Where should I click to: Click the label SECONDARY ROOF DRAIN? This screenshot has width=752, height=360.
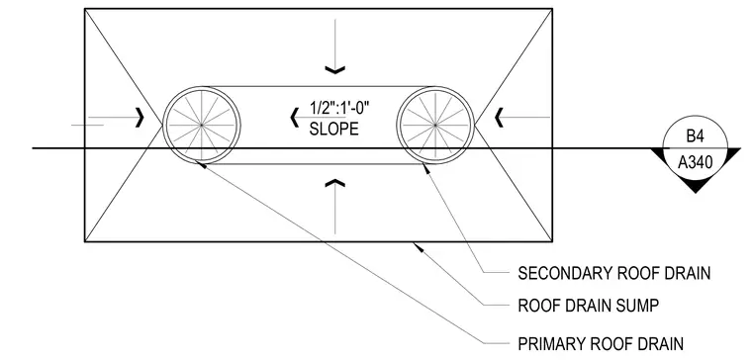[613, 273]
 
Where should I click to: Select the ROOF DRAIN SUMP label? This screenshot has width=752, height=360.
[589, 306]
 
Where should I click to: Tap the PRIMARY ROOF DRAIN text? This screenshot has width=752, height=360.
[601, 344]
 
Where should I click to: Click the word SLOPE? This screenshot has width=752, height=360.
[333, 129]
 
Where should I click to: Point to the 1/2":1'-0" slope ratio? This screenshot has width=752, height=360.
[339, 109]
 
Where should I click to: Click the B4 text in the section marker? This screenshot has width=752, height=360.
[695, 136]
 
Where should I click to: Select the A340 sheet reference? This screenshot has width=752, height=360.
[695, 163]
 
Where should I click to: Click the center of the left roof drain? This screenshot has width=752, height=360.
[202, 126]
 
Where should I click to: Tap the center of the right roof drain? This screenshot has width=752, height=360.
[435, 126]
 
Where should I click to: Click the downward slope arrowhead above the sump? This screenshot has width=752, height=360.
[334, 70]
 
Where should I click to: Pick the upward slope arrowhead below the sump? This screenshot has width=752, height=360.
[334, 183]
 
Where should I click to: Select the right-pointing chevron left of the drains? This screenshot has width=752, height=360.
[140, 118]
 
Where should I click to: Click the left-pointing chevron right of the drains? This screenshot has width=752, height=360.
[499, 118]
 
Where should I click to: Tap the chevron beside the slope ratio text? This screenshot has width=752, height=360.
[295, 118]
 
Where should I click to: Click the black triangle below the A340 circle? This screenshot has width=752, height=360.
[695, 186]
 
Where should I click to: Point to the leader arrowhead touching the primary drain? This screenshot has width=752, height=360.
[202, 165]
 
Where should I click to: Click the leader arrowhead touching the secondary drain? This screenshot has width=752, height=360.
[425, 168]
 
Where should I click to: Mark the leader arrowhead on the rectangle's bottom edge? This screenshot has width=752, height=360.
[419, 247]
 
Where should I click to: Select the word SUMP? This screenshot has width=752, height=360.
[637, 306]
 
